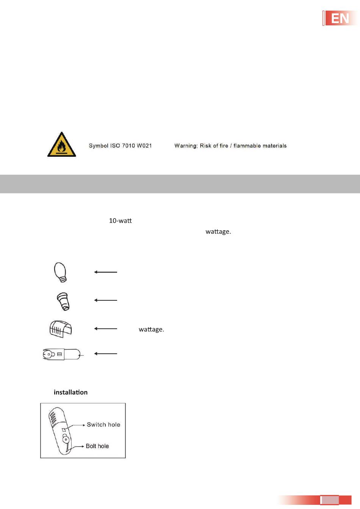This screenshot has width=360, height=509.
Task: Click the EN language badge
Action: pos(340,18)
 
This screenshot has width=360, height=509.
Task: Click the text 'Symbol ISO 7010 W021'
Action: pos(120,146)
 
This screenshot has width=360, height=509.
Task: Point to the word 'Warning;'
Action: pos(186,146)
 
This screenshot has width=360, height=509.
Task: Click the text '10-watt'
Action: pos(120,221)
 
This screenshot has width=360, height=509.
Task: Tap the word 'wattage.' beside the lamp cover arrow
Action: pos(151,329)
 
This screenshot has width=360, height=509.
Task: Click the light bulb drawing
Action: pos(60,272)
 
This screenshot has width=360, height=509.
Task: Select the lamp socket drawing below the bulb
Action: pos(63,301)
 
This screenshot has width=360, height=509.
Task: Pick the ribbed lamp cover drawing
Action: pos(60,329)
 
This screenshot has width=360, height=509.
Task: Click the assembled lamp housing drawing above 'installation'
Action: pos(62,354)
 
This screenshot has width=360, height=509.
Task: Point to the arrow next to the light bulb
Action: pos(106,272)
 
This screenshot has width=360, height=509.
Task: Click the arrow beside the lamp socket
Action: pos(106,300)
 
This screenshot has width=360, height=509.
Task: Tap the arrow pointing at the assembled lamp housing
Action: pos(106,354)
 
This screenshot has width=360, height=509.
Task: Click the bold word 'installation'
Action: pos(70,392)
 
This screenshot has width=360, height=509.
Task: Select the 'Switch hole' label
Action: pos(103,425)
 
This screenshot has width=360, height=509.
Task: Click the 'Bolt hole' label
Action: pos(97,446)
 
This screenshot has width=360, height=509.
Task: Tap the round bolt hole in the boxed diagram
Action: pos(66,440)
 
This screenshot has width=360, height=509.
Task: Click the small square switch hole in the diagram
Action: pos(64,430)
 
